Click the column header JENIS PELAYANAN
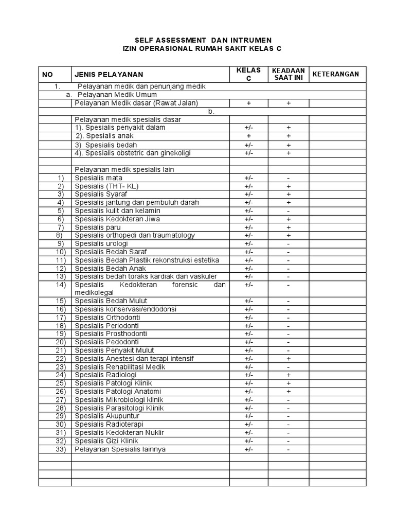click(109, 75)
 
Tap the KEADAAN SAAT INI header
click(289, 74)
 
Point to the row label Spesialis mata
click(98, 178)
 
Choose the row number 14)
click(61, 285)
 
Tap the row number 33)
click(61, 449)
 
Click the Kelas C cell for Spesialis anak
click(249, 136)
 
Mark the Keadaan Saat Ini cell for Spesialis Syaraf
click(289, 194)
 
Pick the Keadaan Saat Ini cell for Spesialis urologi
click(289, 243)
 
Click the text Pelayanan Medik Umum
click(117, 95)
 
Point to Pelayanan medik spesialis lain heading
click(124, 169)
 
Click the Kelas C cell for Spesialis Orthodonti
click(249, 318)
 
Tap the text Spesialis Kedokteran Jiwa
click(117, 219)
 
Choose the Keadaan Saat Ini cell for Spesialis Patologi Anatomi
click(289, 392)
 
